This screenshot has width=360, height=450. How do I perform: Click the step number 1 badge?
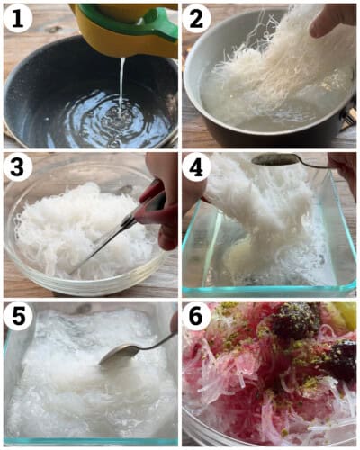click(x=18, y=17)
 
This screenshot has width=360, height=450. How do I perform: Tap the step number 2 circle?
click(x=198, y=17)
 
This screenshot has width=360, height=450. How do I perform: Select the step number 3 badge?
click(x=18, y=167)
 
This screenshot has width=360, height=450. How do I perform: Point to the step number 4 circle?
click(x=198, y=167)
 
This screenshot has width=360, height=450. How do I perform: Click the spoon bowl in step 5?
click(x=118, y=355)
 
